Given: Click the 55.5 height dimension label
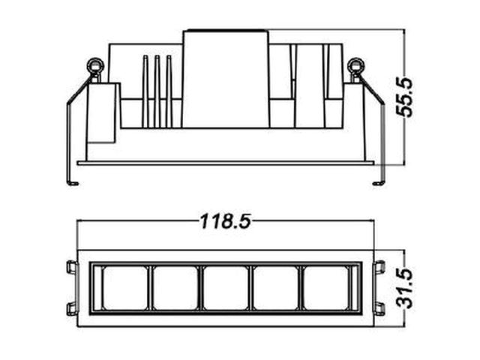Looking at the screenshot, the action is coord(404,97).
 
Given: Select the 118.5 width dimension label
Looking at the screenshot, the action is coord(226,221).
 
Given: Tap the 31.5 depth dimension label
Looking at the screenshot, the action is coord(404,288).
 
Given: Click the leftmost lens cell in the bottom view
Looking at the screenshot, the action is coord(125,288).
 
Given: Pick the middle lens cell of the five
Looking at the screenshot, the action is coord(226,288).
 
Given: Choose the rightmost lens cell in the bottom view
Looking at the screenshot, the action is coord(326,288).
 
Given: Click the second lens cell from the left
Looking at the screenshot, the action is coord(175,288).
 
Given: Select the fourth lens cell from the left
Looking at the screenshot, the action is coord(276,288).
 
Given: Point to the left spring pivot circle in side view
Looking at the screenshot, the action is coord(95,66).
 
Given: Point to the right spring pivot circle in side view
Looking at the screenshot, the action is coord(356,66).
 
